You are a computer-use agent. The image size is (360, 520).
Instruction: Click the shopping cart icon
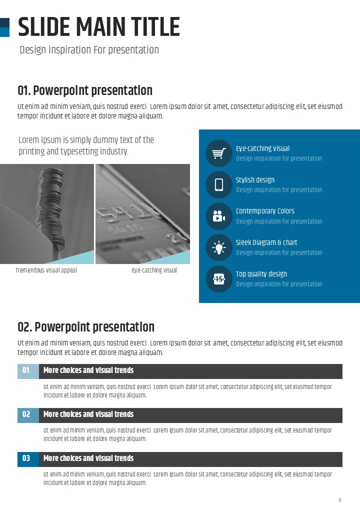point(218,153)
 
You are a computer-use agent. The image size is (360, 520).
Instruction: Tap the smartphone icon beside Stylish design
point(218,185)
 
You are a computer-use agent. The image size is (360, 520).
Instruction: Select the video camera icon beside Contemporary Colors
point(218,216)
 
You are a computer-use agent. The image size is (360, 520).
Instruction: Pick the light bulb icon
point(218,247)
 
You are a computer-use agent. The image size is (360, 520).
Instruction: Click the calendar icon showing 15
point(218,279)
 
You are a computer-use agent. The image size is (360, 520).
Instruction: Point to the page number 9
point(340,500)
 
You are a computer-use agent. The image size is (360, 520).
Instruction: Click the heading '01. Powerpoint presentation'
point(85,91)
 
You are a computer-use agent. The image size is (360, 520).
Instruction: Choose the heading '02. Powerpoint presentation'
point(86,327)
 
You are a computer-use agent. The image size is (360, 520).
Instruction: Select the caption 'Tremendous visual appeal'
point(46,270)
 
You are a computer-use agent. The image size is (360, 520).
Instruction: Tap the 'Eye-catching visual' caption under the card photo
point(154,270)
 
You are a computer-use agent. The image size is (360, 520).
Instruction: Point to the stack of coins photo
point(47,213)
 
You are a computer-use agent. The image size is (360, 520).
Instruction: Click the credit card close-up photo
point(142,213)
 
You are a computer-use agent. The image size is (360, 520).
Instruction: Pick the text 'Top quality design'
point(261,274)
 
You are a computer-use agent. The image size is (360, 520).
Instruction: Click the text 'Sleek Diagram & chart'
point(266,242)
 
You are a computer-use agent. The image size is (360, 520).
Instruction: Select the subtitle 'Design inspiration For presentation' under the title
point(89,50)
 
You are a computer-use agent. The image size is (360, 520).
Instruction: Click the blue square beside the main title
point(4,32)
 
